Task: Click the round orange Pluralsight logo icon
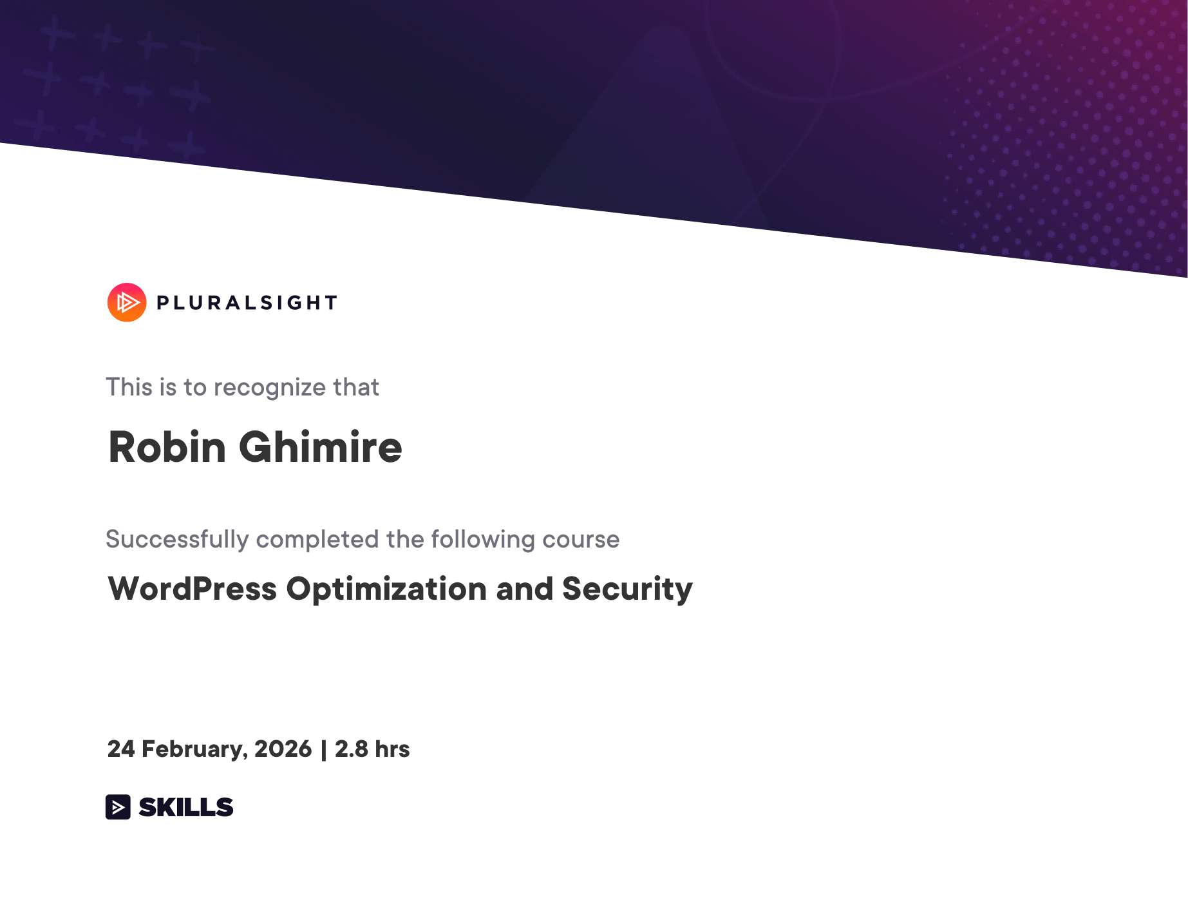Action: pos(127,302)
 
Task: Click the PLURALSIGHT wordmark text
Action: pos(247,303)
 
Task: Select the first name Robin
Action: pos(167,447)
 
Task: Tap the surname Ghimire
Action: pos(321,447)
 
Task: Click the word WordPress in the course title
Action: pos(193,589)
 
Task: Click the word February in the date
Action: pos(194,750)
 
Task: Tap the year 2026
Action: pos(283,749)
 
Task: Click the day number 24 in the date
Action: pos(121,749)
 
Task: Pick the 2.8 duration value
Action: pos(352,749)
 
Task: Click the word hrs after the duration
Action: pos(392,749)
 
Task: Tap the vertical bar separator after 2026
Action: pos(323,750)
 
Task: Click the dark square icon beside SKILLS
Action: pos(118,807)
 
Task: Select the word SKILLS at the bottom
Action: pos(186,807)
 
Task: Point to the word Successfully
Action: pos(177,540)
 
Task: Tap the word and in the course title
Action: pos(525,589)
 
